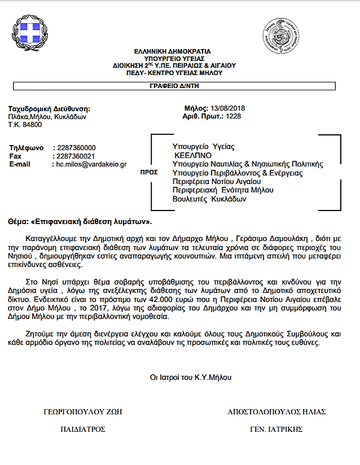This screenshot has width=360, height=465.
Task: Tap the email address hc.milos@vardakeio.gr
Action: (91, 164)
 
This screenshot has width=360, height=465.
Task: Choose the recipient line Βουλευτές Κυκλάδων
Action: (209, 199)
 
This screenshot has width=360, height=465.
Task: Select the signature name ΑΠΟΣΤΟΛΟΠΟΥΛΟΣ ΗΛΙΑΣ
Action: (276, 411)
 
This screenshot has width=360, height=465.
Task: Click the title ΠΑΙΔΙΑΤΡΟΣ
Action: (82, 429)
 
